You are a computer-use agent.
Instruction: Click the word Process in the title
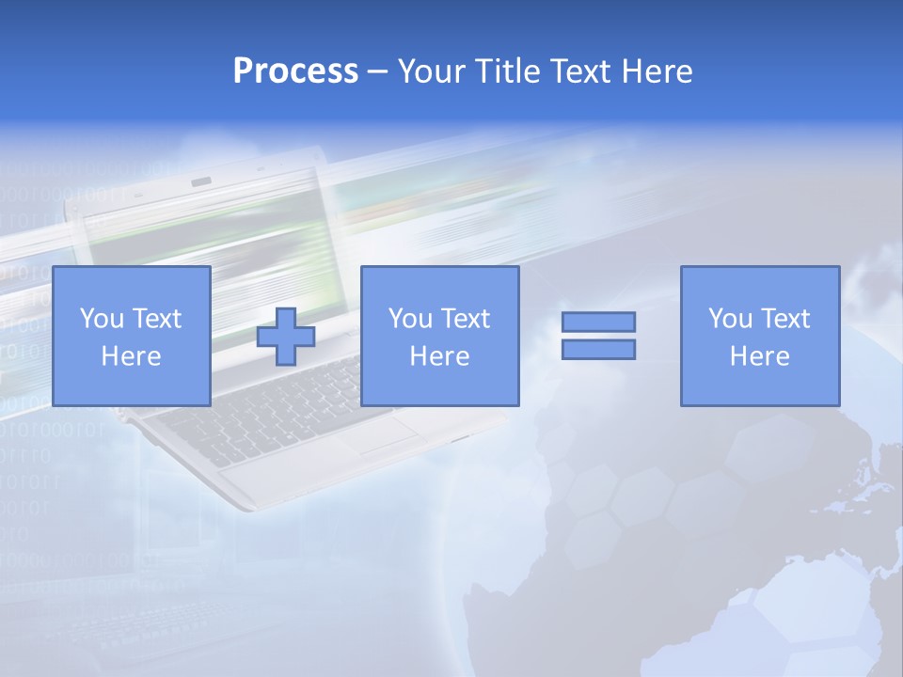[295, 71]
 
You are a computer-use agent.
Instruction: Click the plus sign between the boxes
[286, 337]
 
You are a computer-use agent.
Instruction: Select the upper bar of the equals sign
[598, 322]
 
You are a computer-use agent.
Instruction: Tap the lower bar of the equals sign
[598, 349]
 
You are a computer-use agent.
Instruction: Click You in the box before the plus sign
[101, 319]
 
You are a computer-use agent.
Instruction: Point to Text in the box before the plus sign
[155, 319]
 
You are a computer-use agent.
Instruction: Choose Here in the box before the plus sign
[131, 356]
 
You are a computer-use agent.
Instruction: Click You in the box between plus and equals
[409, 319]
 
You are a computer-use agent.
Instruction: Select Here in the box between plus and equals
[439, 356]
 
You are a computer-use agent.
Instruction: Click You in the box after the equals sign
[729, 319]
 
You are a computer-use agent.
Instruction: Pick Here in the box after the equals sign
[759, 356]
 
